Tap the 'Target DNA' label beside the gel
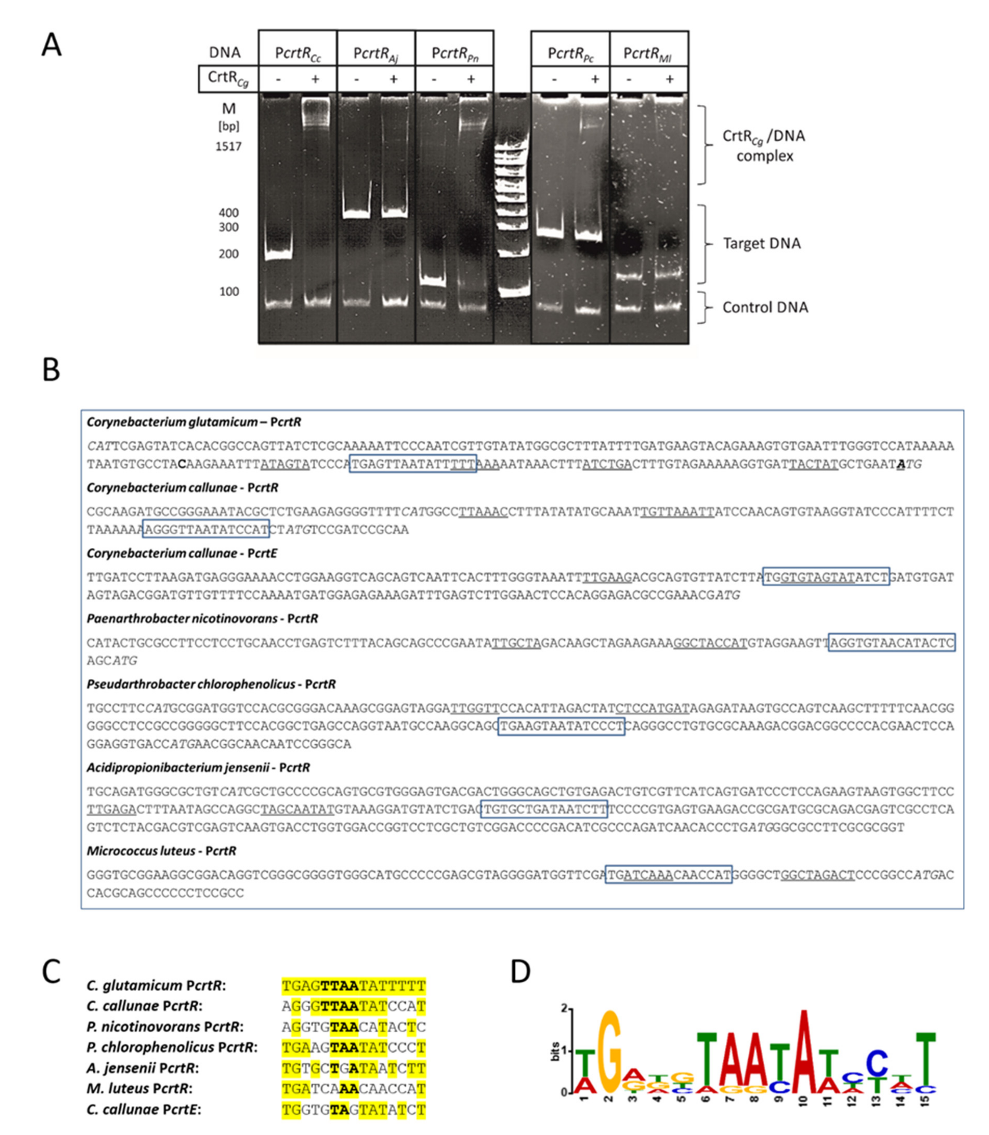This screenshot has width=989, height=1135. point(762,243)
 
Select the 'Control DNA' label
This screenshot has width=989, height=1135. point(765,307)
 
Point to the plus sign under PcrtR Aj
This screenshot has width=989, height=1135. point(393,79)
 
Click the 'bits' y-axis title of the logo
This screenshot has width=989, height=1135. point(556,1051)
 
